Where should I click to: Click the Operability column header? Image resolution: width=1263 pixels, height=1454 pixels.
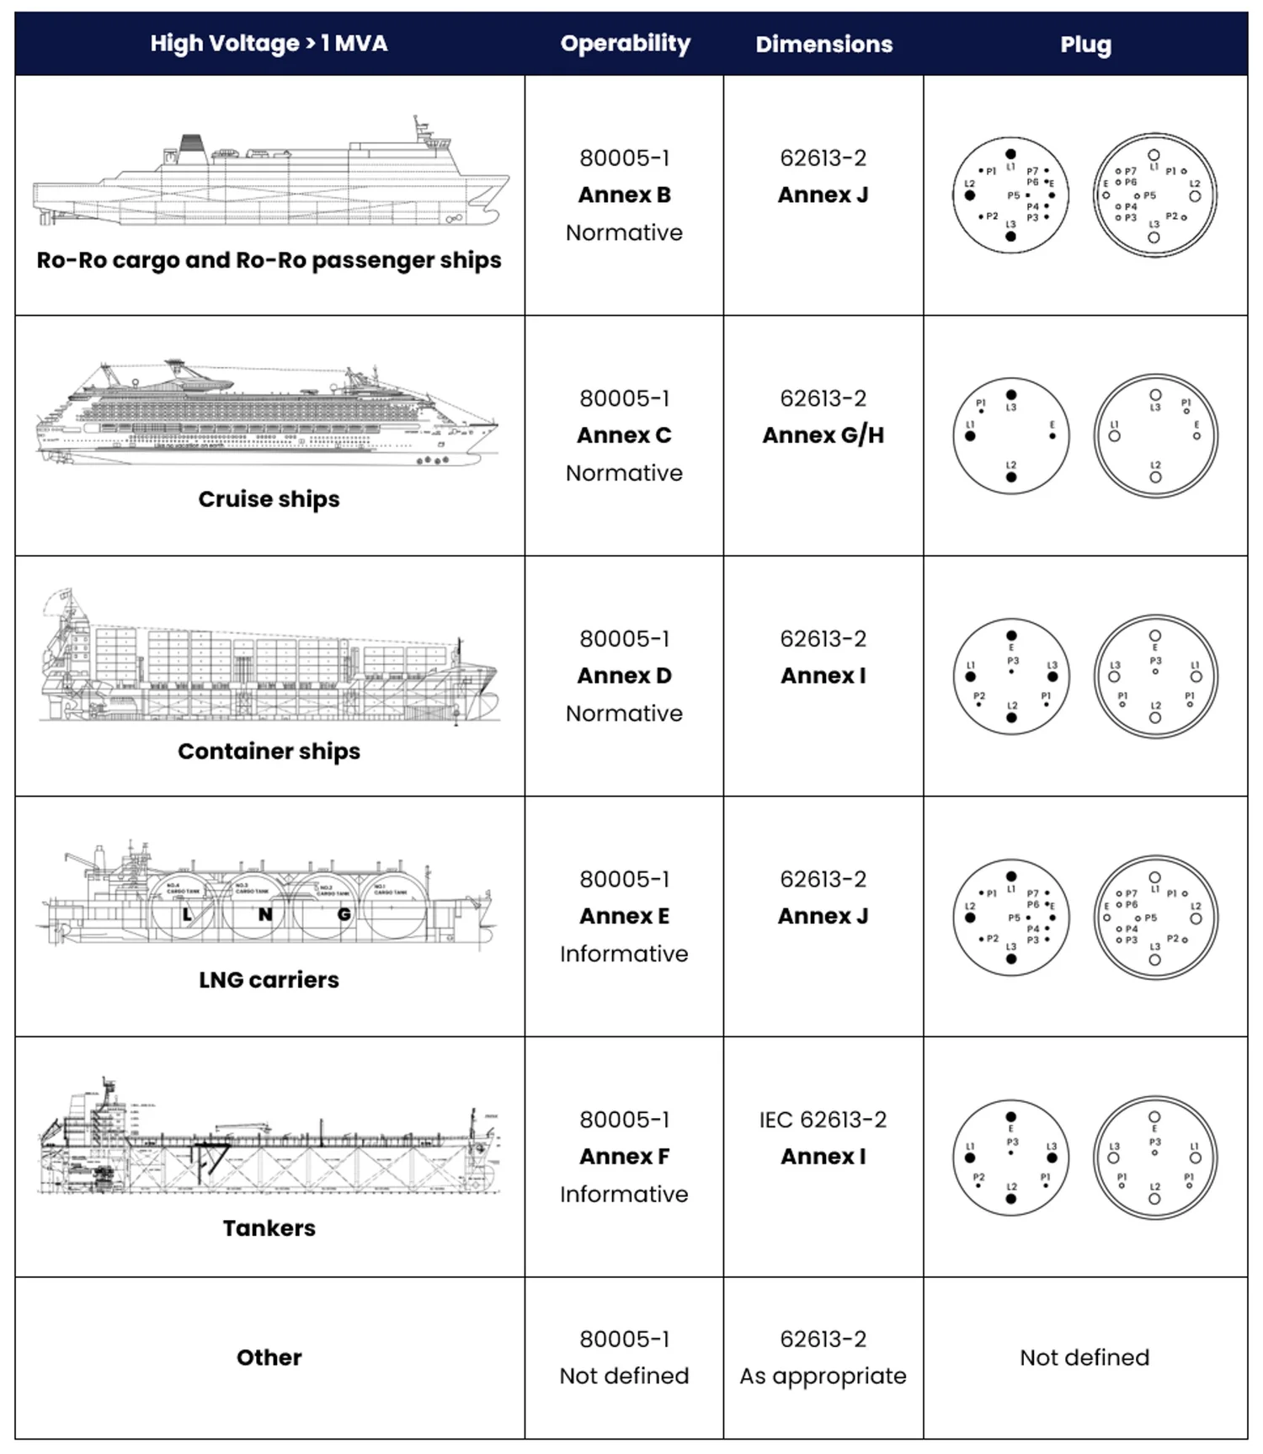625,44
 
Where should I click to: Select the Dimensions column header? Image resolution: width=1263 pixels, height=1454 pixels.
823,45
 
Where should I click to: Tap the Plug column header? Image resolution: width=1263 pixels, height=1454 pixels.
1085,45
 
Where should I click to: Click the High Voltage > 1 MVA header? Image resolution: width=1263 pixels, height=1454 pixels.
269,44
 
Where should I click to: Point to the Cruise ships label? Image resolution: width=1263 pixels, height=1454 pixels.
269,499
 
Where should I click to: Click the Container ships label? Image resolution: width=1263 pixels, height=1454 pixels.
269,751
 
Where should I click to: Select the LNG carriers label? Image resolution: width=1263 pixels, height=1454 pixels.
269,980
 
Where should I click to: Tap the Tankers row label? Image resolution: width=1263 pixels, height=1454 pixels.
269,1228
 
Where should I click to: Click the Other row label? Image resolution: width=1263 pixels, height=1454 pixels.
269,1357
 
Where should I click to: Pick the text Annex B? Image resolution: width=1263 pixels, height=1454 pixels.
624,195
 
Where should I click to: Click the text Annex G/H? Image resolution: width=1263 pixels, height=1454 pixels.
823,435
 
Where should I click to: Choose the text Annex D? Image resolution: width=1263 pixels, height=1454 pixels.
624,676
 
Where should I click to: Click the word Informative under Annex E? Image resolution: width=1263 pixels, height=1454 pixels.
624,954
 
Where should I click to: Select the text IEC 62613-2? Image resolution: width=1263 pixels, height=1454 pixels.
823,1120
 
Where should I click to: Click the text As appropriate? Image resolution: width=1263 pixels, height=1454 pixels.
823,1376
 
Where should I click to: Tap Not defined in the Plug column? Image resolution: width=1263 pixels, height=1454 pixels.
1084,1357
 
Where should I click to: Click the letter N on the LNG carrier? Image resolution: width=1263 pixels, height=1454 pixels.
265,915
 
